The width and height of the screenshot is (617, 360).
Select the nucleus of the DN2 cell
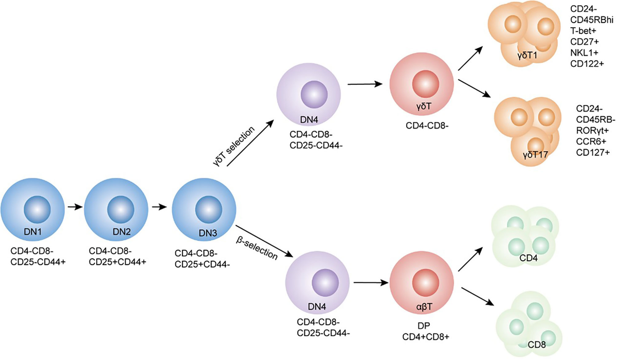[119, 210]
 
